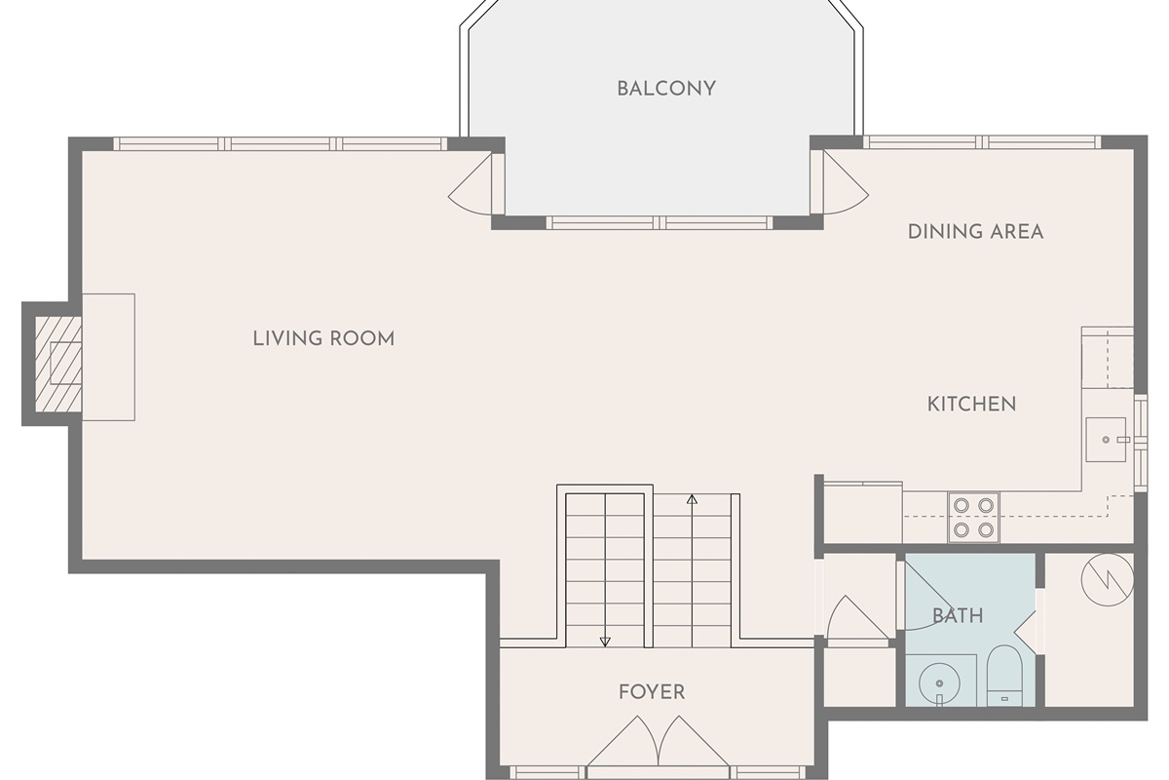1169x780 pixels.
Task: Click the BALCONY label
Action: click(x=666, y=89)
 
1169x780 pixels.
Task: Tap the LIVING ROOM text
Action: click(x=323, y=338)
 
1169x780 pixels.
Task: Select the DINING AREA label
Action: click(x=975, y=232)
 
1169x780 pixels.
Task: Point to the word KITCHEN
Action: click(x=971, y=404)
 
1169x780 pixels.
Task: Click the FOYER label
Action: click(x=652, y=692)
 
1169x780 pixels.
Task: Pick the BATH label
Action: click(x=958, y=616)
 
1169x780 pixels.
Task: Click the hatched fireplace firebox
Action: click(x=57, y=364)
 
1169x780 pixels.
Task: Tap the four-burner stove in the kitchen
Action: click(x=973, y=517)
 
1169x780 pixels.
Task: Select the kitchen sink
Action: click(x=1107, y=440)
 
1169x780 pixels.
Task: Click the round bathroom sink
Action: click(x=939, y=683)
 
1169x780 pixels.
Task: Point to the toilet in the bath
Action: click(x=1004, y=676)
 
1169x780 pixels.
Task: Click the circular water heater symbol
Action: click(x=1107, y=580)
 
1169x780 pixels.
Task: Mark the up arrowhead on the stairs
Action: click(x=692, y=499)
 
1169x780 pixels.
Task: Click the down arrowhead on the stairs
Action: click(x=605, y=642)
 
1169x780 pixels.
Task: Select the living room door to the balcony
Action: click(x=471, y=184)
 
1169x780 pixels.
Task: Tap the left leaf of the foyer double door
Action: click(x=622, y=741)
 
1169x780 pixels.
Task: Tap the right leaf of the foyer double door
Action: click(x=694, y=741)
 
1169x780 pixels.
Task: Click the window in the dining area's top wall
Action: click(x=982, y=142)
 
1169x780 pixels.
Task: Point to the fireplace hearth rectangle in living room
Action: click(x=108, y=358)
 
